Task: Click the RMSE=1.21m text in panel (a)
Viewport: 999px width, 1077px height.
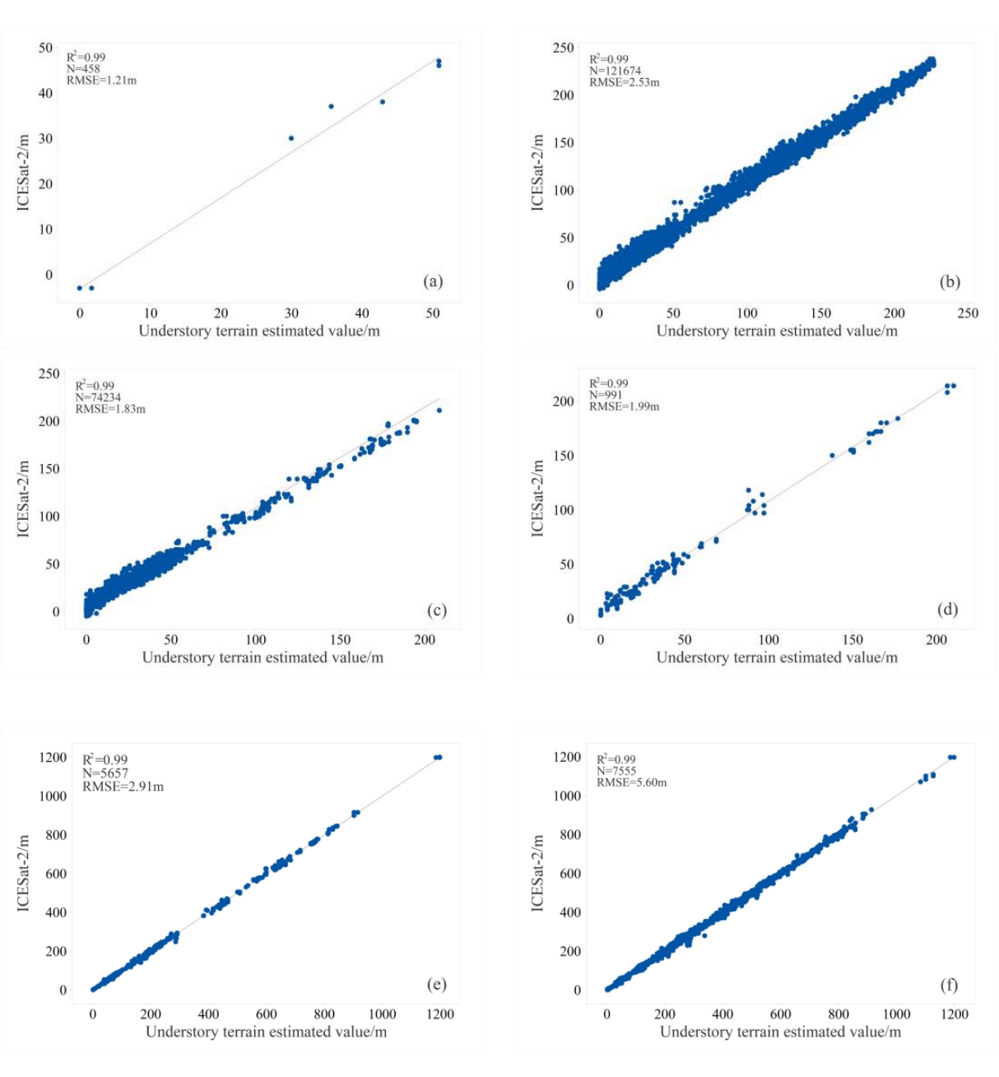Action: point(101,81)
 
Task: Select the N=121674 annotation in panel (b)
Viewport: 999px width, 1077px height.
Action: point(615,71)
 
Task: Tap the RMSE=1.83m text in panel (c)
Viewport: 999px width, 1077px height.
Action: point(110,409)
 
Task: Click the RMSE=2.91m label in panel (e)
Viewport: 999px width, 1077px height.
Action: point(123,787)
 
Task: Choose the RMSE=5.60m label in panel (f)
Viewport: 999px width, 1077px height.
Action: point(631,782)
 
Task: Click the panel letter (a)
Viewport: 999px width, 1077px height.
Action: point(433,281)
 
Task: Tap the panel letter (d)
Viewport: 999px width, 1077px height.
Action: point(947,609)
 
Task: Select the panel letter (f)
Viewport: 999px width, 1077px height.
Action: point(948,985)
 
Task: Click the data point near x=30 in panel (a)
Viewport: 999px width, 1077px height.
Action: point(291,138)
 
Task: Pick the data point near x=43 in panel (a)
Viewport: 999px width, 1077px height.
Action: point(382,102)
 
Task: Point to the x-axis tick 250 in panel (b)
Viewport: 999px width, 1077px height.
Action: point(968,313)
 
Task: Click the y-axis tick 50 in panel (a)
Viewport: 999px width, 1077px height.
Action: point(45,48)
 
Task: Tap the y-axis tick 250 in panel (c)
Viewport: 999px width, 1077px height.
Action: point(49,374)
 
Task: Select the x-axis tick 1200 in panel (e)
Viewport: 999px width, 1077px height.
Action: point(440,1014)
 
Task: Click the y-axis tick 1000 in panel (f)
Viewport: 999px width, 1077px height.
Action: point(565,796)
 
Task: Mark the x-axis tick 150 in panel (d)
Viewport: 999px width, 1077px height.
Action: point(853,640)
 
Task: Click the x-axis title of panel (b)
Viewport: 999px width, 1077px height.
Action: point(776,331)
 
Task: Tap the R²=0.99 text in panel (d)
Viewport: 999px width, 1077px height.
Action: point(608,383)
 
